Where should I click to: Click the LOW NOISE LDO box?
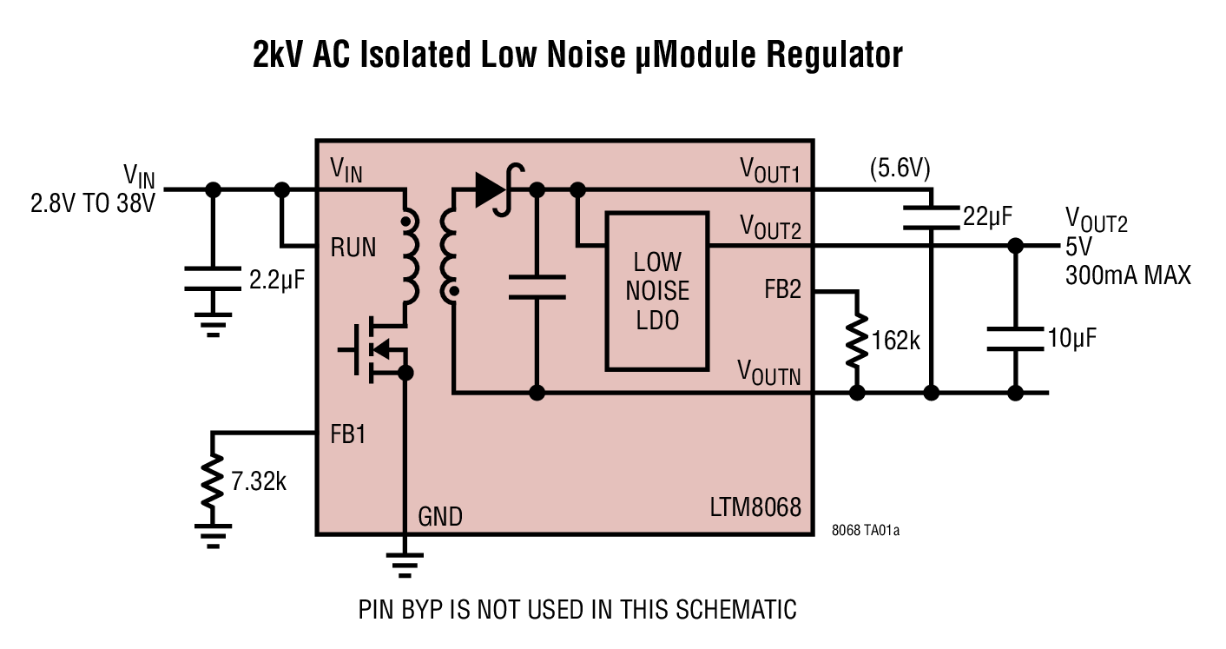656,290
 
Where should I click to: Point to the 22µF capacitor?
930,216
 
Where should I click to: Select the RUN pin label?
353,248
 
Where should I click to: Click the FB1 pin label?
348,434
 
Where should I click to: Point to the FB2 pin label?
782,290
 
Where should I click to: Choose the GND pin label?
440,517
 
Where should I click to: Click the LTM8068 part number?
753,507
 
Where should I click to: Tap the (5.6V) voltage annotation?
900,169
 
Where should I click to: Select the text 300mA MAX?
1128,276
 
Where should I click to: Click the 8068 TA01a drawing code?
865,530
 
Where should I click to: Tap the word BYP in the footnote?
438,609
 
